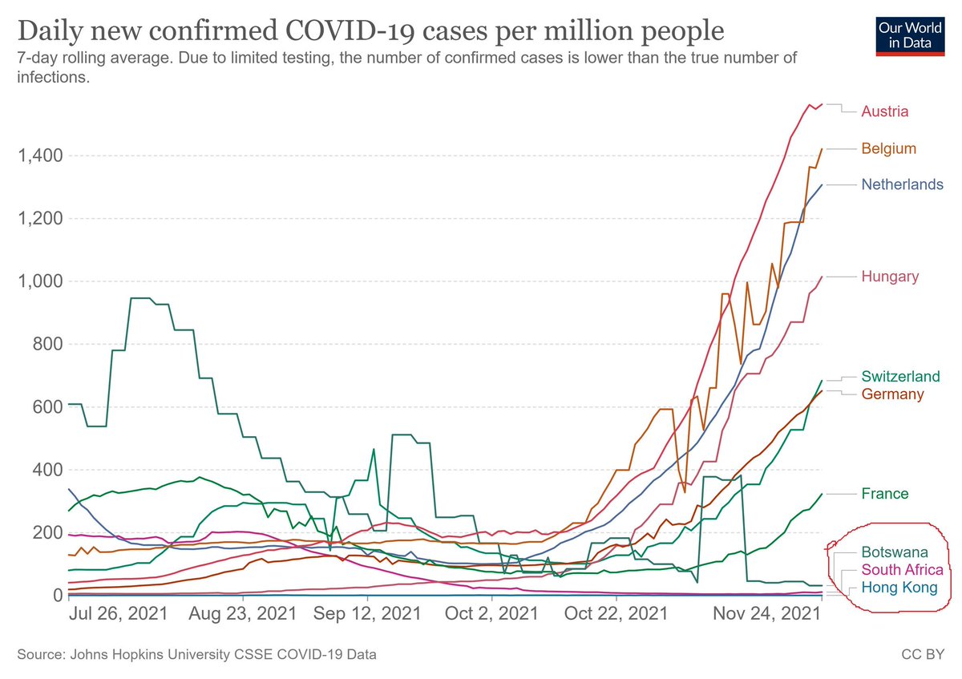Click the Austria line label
pyautogui.click(x=884, y=111)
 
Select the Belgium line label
pyautogui.click(x=888, y=148)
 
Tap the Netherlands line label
pyautogui.click(x=902, y=184)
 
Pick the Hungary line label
pyautogui.click(x=890, y=277)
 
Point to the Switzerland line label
pyautogui.click(x=900, y=376)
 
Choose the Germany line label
pyautogui.click(x=892, y=394)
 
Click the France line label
pyautogui.click(x=885, y=494)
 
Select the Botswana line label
pyautogui.click(x=895, y=552)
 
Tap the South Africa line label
pyautogui.click(x=902, y=570)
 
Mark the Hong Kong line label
pyautogui.click(x=899, y=588)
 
